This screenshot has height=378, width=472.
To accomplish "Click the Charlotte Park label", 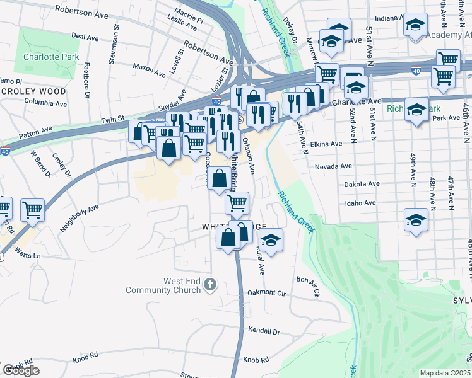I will [51, 57].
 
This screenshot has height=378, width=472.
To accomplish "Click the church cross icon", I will [211, 285].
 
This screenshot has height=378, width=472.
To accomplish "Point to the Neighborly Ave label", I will [80, 217].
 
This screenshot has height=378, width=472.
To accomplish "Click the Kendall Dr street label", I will [263, 330].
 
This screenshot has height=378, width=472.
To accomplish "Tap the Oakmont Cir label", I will [266, 293].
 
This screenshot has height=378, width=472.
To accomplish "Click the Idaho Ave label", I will [360, 203].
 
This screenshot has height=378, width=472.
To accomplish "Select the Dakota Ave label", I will [362, 184].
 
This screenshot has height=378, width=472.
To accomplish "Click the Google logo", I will [21, 370].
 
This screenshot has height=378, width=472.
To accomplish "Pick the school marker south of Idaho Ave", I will [416, 220].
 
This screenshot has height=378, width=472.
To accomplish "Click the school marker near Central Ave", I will [271, 241].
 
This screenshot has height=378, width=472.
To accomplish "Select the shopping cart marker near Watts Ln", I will [32, 210].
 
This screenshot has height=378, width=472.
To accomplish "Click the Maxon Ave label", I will [149, 70].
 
